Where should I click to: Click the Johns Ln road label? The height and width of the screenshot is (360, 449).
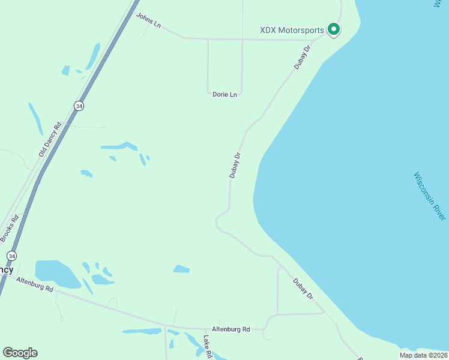(x=149, y=21)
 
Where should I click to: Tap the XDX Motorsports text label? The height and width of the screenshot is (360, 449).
(x=291, y=30)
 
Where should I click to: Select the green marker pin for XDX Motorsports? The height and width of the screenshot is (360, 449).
(x=333, y=29)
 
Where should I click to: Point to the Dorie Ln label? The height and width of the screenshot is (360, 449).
(x=224, y=95)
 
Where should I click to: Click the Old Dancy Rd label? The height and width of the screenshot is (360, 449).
(x=50, y=140)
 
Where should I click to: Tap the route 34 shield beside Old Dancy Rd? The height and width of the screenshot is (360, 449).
(x=79, y=106)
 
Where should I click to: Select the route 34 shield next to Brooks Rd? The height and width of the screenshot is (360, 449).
(x=11, y=256)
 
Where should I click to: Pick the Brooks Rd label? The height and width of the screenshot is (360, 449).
(x=10, y=229)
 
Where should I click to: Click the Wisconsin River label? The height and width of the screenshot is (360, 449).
(x=430, y=196)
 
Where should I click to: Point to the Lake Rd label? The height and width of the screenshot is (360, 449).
(x=207, y=347)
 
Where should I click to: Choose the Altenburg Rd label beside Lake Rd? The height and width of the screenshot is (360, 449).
(x=231, y=329)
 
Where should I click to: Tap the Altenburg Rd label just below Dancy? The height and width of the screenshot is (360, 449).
(x=35, y=284)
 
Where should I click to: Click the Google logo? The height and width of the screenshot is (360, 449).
(x=20, y=353)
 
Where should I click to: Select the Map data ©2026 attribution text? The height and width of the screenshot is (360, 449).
(x=423, y=355)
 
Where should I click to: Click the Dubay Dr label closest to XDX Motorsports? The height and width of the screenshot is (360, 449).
(x=303, y=57)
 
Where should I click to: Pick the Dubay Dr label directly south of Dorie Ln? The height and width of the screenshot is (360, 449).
(x=235, y=165)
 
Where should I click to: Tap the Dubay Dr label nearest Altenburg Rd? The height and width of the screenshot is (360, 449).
(x=303, y=289)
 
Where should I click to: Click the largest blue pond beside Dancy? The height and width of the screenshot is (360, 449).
(x=56, y=273)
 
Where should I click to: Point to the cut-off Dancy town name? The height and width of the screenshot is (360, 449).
(x=6, y=269)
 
